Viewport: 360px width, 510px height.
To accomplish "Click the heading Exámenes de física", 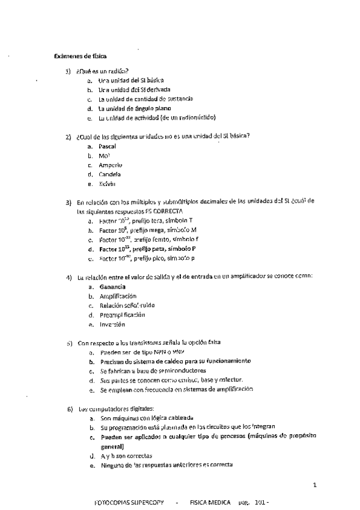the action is tap(79, 57).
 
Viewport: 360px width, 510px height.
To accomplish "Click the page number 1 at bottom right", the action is tap(315, 484).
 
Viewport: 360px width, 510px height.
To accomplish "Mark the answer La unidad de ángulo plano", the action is tap(126, 109).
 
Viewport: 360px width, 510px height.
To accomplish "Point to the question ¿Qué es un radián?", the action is tap(103, 71).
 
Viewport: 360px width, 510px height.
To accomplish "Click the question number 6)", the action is tap(69, 408).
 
